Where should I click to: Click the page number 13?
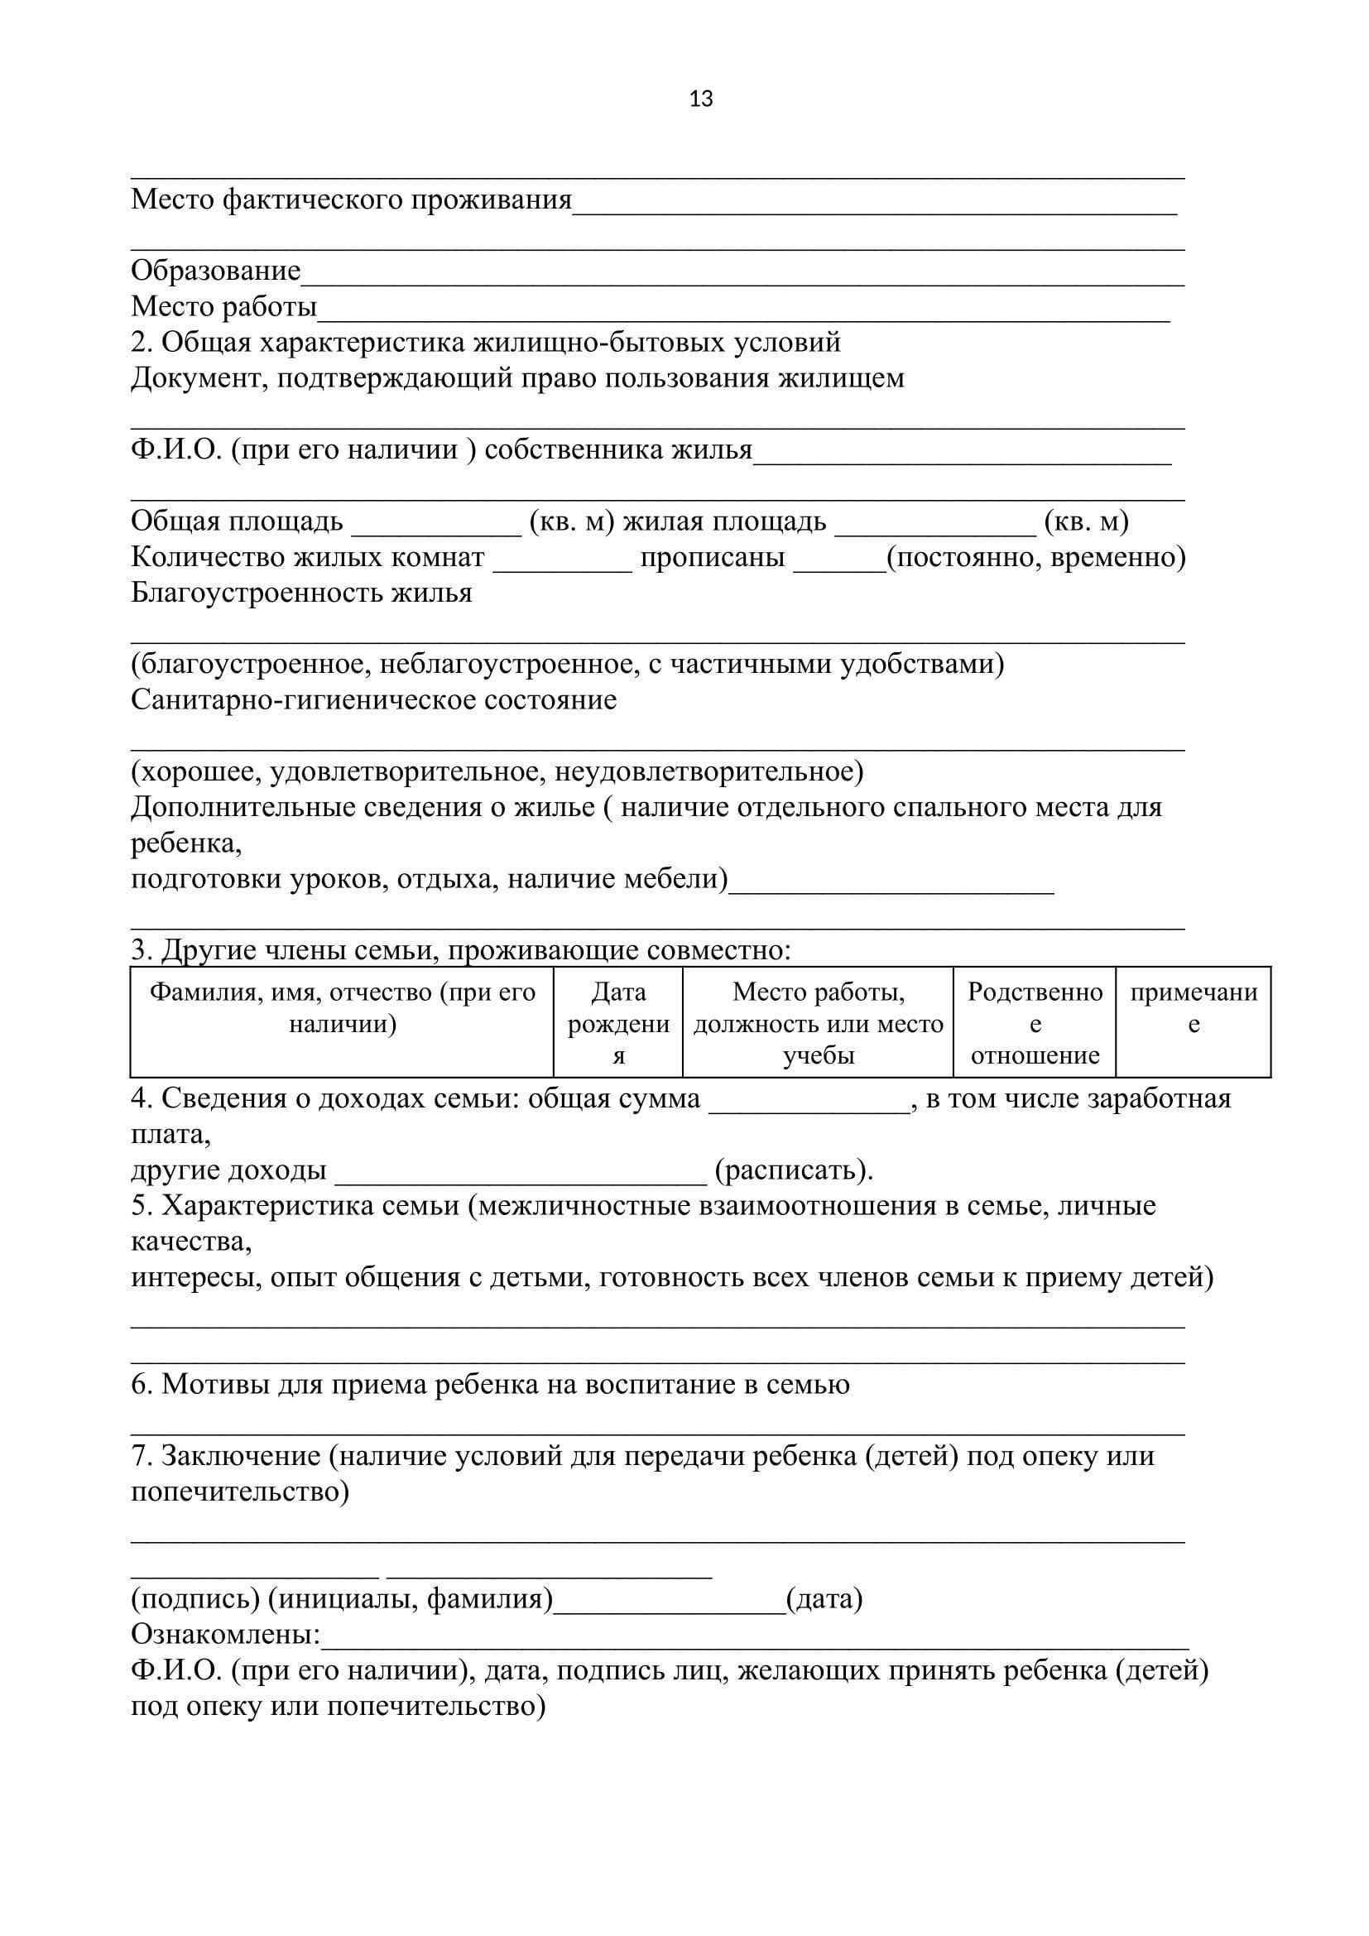point(700,99)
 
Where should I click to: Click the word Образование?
point(216,271)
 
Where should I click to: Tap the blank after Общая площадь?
point(437,531)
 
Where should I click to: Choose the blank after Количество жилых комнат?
point(562,567)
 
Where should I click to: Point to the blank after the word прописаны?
point(838,567)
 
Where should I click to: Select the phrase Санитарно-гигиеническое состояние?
point(373,700)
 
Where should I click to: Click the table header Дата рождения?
point(618,1023)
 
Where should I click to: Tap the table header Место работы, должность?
point(818,1023)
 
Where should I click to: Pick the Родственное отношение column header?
point(1035,1023)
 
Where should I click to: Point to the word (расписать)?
point(793,1170)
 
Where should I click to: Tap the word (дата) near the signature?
point(824,1599)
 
